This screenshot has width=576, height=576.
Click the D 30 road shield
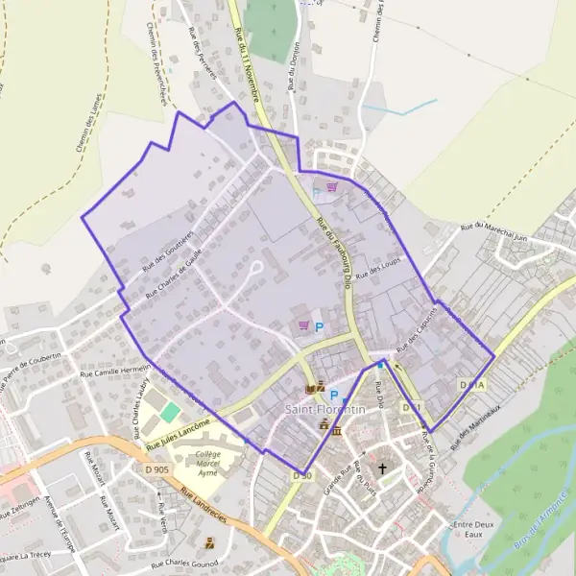click(x=301, y=475)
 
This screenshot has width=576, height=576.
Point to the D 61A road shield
click(x=472, y=385)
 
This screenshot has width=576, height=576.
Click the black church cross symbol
click(x=383, y=469)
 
